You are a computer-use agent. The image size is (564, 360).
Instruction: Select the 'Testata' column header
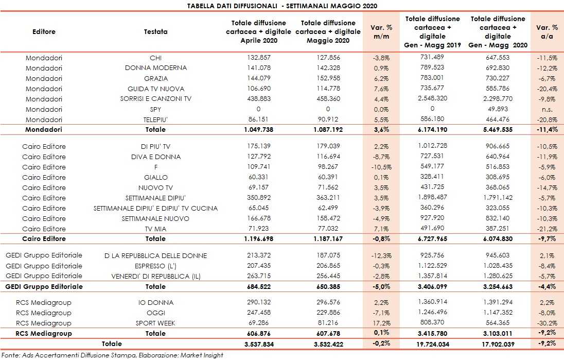coord(155,31)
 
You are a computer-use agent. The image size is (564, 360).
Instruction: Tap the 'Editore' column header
coord(44,31)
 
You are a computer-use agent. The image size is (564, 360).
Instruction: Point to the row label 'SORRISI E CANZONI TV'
coord(155,99)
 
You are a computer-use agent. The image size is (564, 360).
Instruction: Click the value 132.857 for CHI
coord(258,58)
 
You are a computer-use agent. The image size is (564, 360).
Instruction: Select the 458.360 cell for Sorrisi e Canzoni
coord(328,99)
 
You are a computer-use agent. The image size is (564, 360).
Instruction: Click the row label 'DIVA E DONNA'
coord(155,157)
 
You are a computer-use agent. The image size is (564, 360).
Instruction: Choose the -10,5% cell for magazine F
coord(381,167)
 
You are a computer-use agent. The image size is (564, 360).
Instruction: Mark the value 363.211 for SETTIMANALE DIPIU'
coord(328,198)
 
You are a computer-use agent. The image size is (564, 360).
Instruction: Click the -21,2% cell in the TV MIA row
coord(547,229)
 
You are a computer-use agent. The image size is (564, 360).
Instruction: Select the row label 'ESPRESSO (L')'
coord(155,266)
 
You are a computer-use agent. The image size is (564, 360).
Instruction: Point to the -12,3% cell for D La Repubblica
coord(381,256)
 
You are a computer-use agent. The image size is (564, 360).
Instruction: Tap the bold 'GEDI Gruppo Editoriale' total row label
coord(44,286)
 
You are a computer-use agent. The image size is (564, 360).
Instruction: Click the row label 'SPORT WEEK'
coord(155,323)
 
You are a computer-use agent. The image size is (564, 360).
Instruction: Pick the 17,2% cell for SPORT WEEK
coord(381,323)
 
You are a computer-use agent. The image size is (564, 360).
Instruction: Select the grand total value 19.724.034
coord(433,344)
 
